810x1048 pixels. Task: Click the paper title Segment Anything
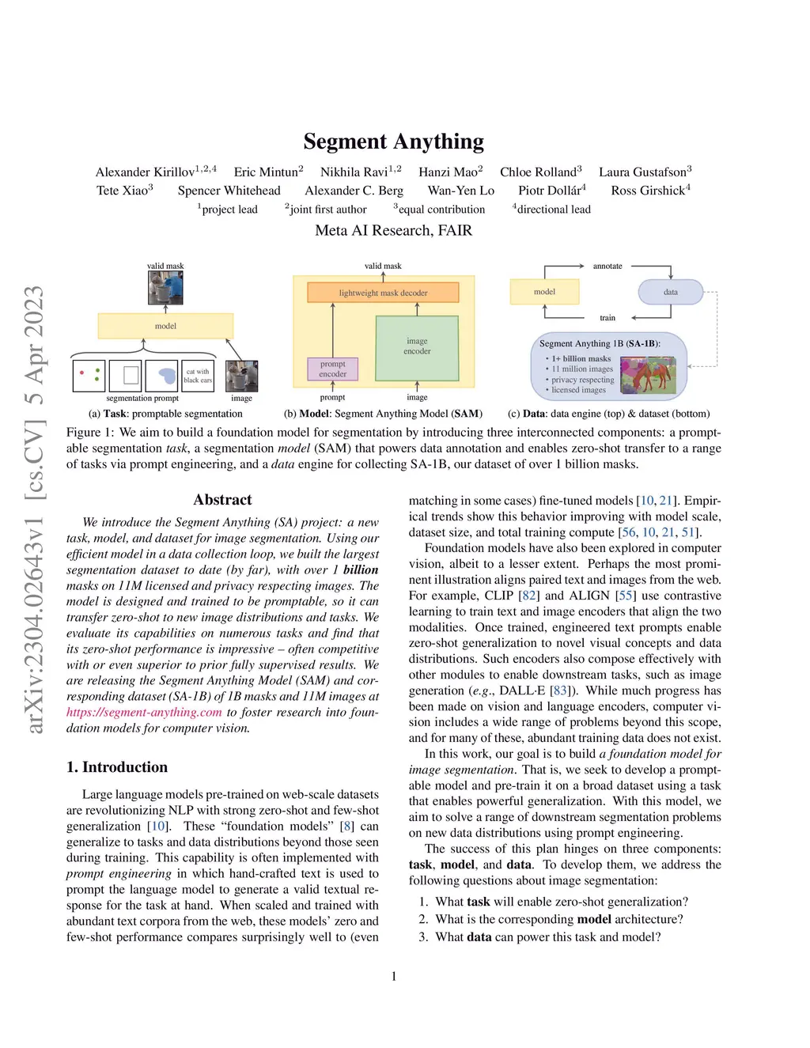(393, 142)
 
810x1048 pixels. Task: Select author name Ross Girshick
(648, 191)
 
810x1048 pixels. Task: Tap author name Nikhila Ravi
(354, 172)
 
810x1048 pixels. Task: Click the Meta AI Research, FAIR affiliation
(393, 230)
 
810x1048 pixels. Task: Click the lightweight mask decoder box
(383, 293)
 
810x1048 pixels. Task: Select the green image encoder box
(417, 346)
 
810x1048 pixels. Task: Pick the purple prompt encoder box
(332, 369)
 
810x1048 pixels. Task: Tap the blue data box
(670, 292)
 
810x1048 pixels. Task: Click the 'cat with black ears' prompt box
(197, 376)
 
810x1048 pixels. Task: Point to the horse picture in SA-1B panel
(648, 375)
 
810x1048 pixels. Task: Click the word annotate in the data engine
(607, 267)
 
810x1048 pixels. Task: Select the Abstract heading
(222, 500)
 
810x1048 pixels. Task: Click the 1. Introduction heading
(117, 767)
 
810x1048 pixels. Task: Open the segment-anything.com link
(144, 712)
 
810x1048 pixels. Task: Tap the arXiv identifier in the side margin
(35, 509)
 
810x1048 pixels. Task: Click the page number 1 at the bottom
(394, 976)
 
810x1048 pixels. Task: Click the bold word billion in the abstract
(361, 569)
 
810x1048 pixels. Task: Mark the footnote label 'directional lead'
(553, 210)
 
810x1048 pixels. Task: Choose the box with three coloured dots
(89, 376)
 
